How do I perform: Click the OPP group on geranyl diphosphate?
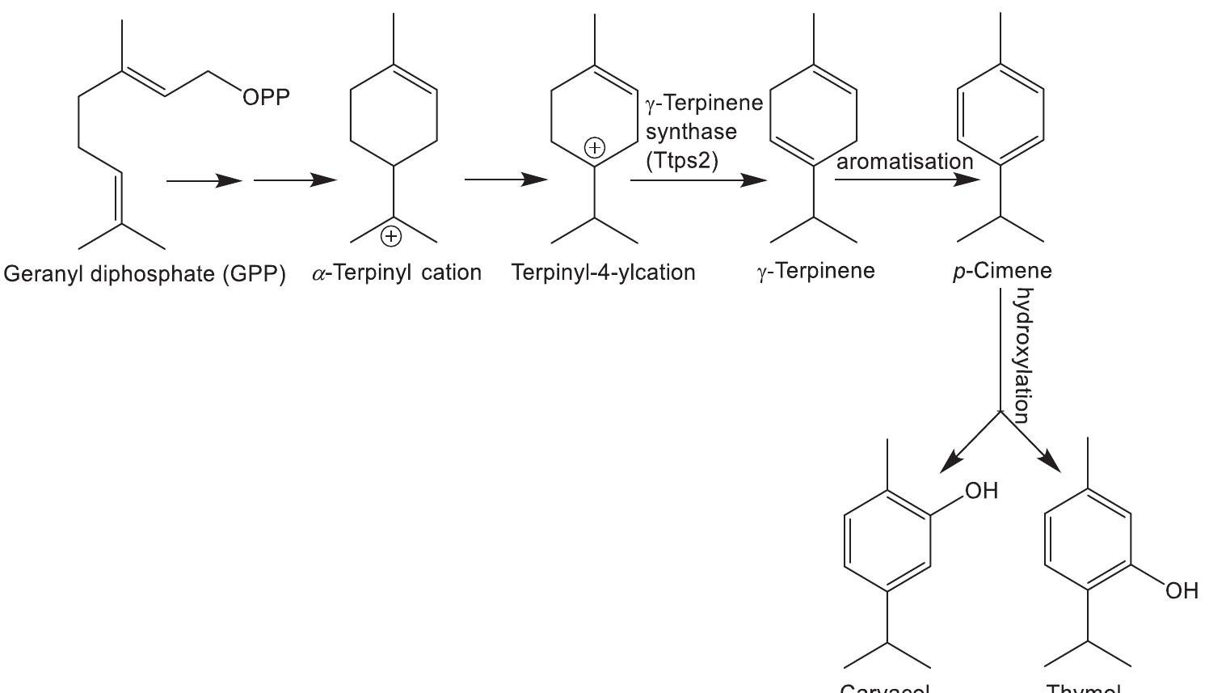tap(266, 98)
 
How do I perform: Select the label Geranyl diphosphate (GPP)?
tap(145, 274)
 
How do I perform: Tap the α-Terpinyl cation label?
tap(397, 273)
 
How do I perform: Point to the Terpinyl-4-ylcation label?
tap(603, 273)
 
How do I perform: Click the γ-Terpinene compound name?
tap(815, 271)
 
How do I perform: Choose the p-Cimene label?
tap(1002, 271)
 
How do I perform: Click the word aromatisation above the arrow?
tap(904, 162)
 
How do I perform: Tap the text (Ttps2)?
tap(682, 160)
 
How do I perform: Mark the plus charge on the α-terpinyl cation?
tap(390, 236)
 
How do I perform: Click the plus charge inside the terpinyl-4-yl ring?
tap(594, 148)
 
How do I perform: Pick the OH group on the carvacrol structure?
tap(981, 491)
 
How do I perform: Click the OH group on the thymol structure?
tap(1182, 591)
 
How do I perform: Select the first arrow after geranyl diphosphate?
tap(204, 181)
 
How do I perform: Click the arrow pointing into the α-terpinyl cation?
tap(295, 180)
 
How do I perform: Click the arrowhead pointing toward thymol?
tap(1050, 461)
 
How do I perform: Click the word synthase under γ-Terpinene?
tap(691, 132)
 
